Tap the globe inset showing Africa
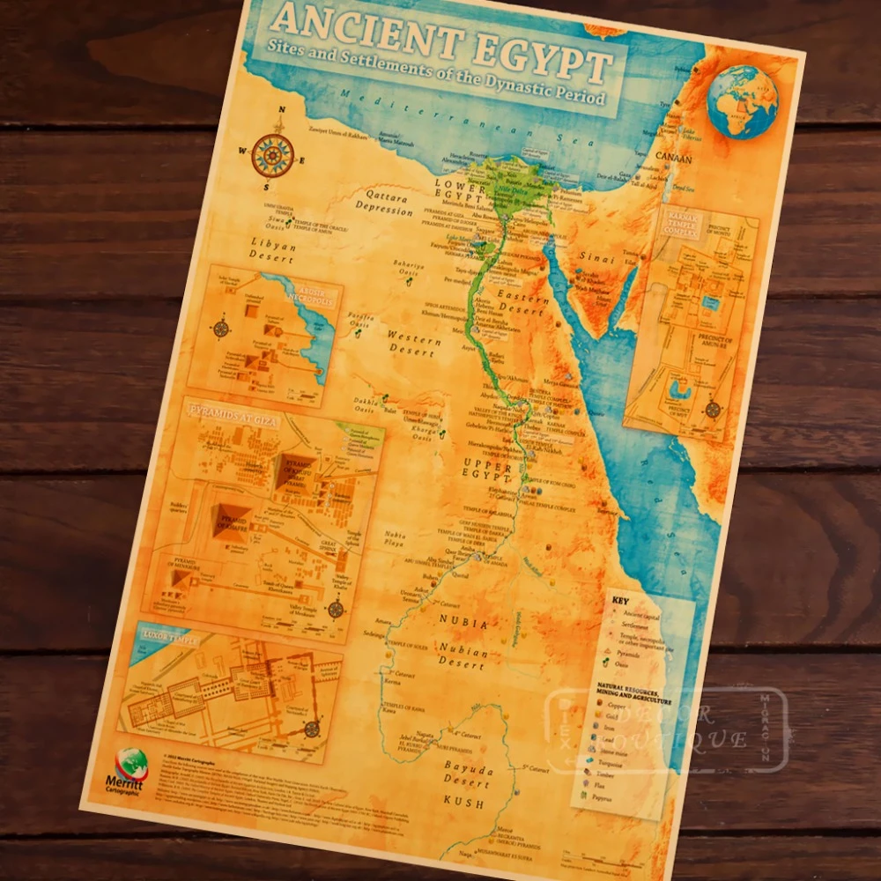tap(742, 102)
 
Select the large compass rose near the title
tap(271, 155)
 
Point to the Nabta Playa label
tap(396, 538)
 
